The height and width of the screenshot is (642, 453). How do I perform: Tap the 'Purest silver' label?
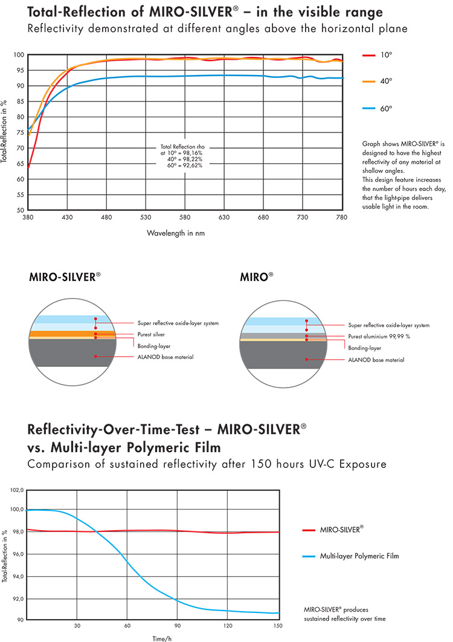150,334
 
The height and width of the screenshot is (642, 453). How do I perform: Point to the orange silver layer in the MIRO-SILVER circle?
60,334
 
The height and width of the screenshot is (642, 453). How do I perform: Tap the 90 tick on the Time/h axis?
177,625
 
